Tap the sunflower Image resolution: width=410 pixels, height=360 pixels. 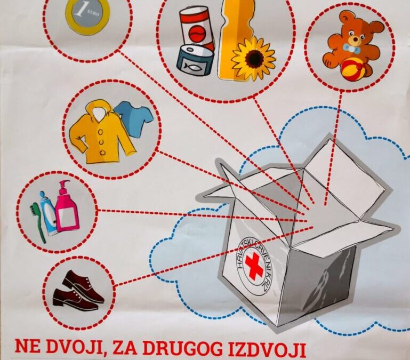pos(253,58)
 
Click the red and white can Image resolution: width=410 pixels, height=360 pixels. pos(197,29)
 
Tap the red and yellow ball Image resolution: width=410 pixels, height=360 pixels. pos(352,69)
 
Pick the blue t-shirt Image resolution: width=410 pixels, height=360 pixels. pos(133,117)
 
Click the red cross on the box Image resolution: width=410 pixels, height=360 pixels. pos(255,265)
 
